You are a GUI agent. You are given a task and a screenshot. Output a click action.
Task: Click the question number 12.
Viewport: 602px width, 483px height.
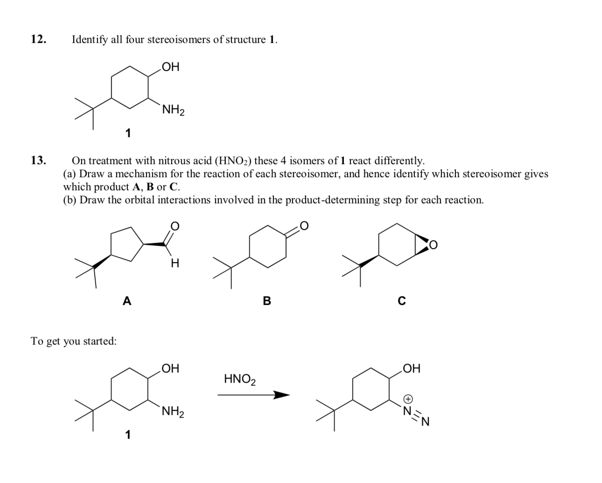click(38, 39)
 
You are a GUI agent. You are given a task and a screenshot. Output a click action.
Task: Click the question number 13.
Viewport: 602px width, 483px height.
click(38, 161)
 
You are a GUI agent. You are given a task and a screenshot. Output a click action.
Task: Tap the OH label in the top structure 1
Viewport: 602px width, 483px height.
click(170, 67)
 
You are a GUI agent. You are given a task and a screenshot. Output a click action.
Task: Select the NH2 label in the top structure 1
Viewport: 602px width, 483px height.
click(173, 110)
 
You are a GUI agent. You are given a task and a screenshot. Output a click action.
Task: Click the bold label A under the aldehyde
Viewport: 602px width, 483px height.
click(126, 301)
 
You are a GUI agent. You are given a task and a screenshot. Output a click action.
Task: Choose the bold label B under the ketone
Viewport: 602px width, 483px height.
click(267, 301)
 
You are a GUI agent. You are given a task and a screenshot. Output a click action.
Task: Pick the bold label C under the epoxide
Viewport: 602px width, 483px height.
click(401, 301)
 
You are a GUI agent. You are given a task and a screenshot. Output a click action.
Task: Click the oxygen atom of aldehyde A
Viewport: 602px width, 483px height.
click(174, 227)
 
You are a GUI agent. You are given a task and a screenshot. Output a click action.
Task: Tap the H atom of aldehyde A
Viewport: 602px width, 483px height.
click(175, 264)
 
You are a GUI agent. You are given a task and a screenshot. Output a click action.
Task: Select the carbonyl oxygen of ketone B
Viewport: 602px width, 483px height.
click(304, 226)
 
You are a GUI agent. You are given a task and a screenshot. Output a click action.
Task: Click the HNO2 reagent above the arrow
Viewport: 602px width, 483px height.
click(240, 379)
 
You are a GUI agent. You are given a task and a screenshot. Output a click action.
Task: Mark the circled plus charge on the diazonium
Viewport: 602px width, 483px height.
click(408, 399)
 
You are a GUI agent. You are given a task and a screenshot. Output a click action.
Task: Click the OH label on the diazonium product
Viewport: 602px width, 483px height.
click(411, 369)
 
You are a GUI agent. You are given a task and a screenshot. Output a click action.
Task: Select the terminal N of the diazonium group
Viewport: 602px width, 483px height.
click(425, 423)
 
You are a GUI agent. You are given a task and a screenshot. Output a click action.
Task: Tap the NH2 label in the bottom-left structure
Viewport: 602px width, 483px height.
click(173, 412)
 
